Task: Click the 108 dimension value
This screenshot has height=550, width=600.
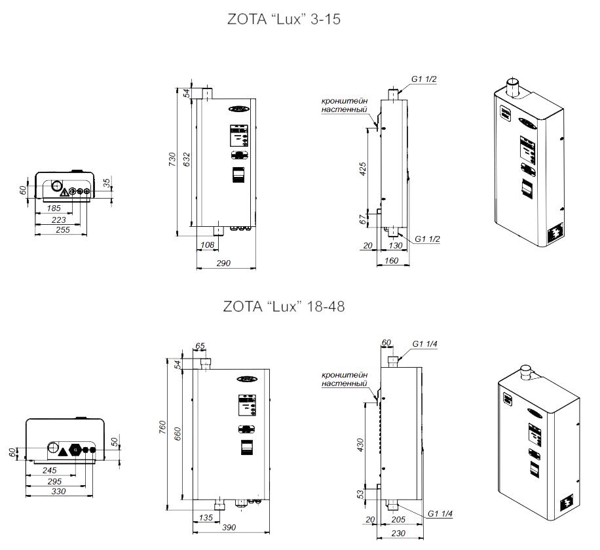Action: [206, 245]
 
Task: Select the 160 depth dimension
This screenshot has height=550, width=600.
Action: [392, 261]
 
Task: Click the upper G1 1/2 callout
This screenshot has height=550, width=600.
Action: [424, 79]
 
